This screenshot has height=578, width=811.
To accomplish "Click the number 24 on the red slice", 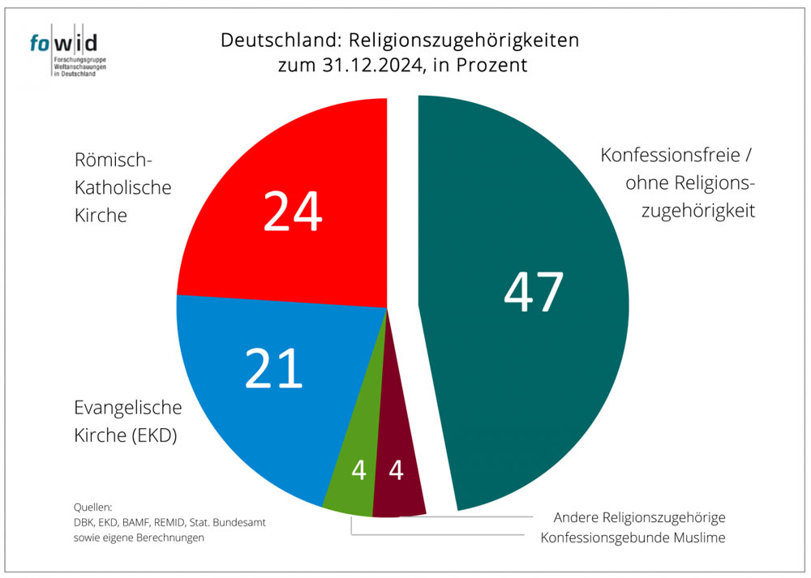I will pyautogui.click(x=292, y=212).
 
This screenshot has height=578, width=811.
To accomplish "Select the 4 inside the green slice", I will pyautogui.click(x=358, y=470).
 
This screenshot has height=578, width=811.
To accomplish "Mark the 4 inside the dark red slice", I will pyautogui.click(x=396, y=470).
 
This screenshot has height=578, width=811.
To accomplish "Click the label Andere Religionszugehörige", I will pyautogui.click(x=639, y=517).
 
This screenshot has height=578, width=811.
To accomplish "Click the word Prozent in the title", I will pyautogui.click(x=490, y=65).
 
